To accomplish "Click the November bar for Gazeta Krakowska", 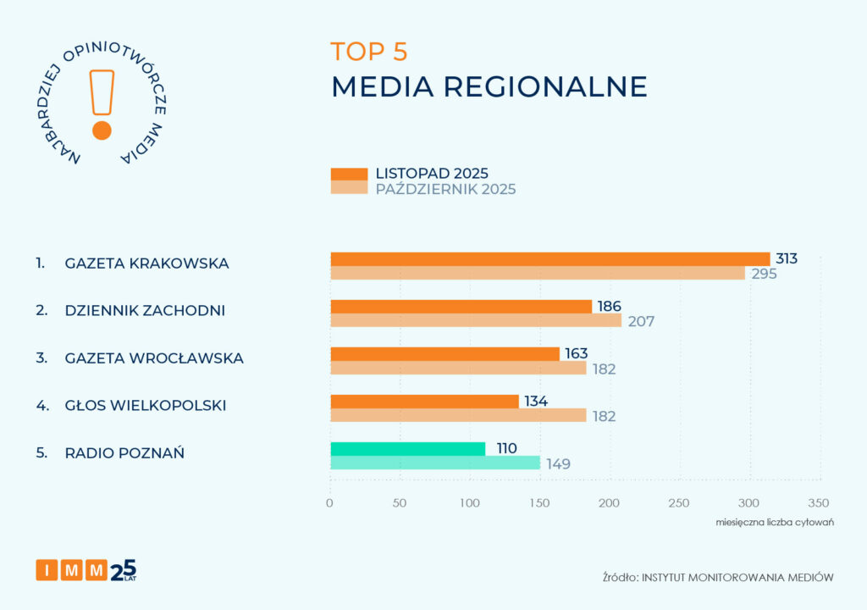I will point(549,259).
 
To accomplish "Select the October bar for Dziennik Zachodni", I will point(475,320).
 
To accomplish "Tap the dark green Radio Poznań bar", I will point(407,449).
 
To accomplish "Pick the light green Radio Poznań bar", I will point(434,463).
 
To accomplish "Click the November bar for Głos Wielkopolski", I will point(424,402).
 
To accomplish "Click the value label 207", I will point(641,321).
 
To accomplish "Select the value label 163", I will point(576,353).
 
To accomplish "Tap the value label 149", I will point(557,463).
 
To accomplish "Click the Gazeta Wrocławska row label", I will point(153,358).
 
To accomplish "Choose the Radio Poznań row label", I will point(124,452).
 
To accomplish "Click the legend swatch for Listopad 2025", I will point(349,174).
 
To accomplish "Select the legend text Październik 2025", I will point(445,189).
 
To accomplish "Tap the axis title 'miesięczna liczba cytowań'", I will point(775,522).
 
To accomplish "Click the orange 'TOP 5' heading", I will point(369,52).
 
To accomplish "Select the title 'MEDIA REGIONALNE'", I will point(489,86).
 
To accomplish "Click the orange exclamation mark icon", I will point(102,103).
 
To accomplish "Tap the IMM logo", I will point(86,570).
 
